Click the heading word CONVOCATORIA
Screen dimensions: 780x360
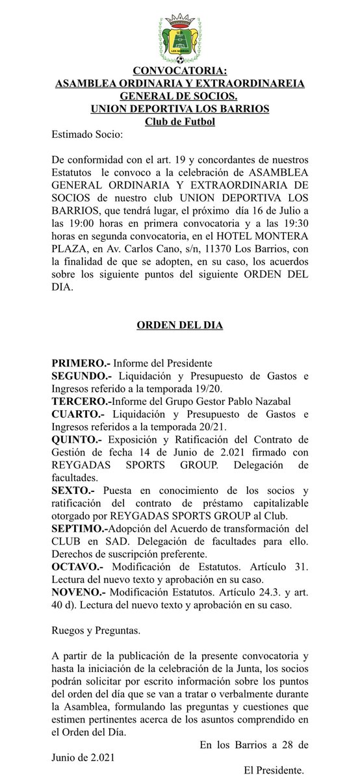tap(179, 71)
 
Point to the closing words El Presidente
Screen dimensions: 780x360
tap(273, 770)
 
